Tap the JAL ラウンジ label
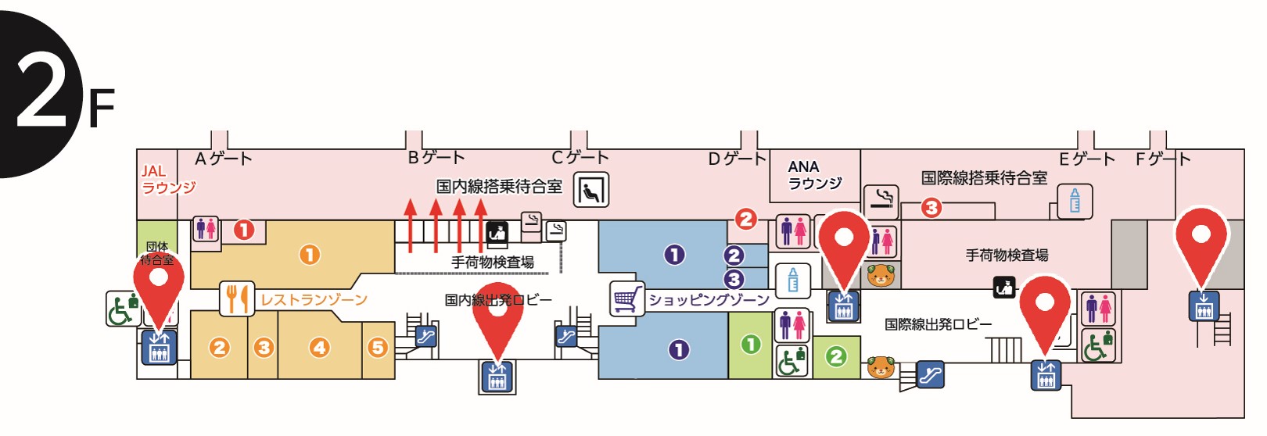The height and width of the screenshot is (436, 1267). point(167,179)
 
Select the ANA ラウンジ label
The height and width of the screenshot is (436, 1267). point(813,175)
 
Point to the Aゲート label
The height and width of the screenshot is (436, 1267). point(224,159)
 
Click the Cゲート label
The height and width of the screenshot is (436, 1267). point(580,157)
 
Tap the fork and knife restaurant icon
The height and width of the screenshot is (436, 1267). point(236,298)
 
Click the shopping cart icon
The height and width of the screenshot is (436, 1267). point(626,298)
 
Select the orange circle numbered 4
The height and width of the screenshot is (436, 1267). point(319,347)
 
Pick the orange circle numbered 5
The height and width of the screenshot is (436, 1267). point(378,347)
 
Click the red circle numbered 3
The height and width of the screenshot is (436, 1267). point(931,208)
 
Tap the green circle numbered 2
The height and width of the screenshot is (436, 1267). point(836,357)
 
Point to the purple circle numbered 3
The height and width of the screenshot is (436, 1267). point(734,279)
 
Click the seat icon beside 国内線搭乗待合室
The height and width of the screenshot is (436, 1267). point(590,190)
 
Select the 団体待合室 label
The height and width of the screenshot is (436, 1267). point(157,253)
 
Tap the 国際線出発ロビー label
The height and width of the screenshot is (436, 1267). point(938,323)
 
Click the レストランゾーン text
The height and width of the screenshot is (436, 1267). point(314,299)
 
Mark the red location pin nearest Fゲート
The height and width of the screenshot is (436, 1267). point(1201,242)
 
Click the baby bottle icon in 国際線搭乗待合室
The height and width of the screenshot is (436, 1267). point(1075,202)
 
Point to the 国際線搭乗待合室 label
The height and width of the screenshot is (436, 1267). point(984,178)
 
